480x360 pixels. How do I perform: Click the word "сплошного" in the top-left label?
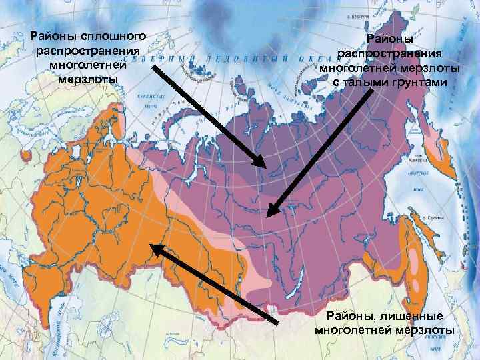click(118, 34)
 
